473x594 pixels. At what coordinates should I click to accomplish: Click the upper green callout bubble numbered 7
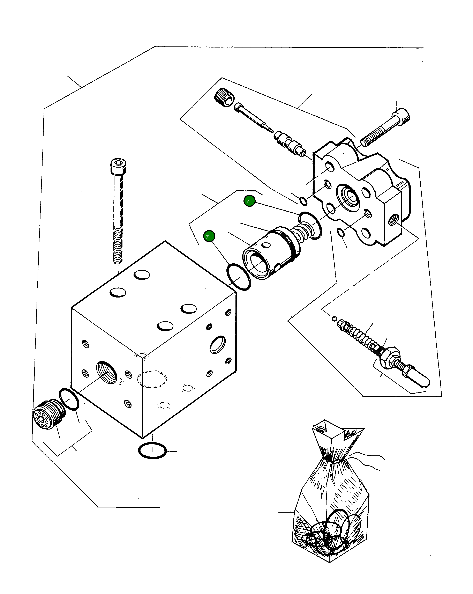coord(249,201)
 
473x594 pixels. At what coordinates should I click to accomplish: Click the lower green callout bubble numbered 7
coord(209,236)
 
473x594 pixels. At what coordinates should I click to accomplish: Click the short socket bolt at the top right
coord(385,128)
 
